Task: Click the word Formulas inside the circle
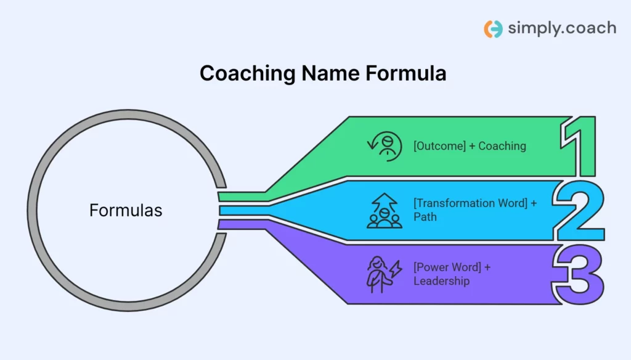coord(126,211)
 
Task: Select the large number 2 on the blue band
coord(580,211)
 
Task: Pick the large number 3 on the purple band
coord(580,274)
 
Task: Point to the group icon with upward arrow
coord(385,211)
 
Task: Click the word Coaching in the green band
coord(502,146)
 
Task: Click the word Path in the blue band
coord(425,216)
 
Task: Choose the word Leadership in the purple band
coord(441,281)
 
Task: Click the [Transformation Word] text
coord(470,203)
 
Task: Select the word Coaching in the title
coord(248,73)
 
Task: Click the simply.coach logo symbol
coord(493,29)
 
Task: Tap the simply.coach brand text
coord(561,28)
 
